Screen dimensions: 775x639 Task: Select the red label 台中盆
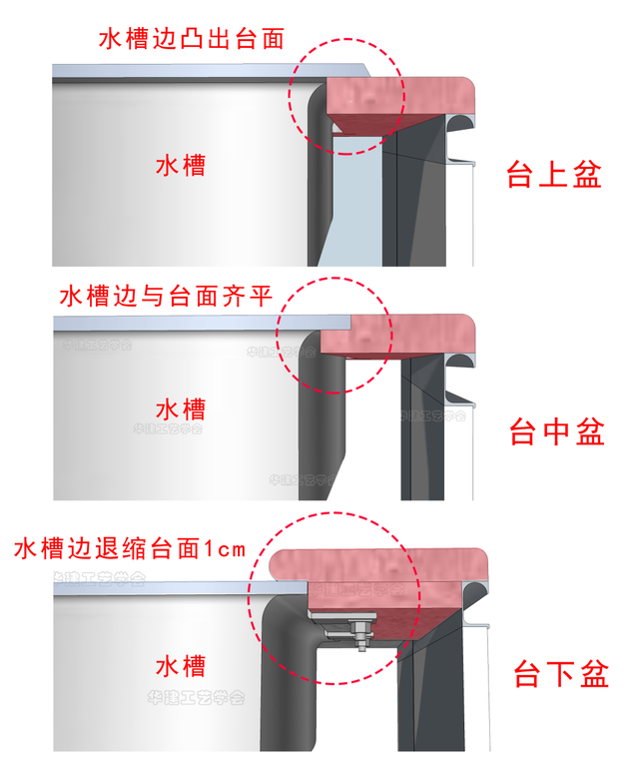(x=556, y=432)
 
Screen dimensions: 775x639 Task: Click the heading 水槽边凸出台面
(x=192, y=39)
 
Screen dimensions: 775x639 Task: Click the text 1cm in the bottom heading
(x=225, y=548)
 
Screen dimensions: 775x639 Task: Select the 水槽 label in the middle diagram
(x=181, y=408)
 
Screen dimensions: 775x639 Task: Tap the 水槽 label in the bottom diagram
(x=181, y=665)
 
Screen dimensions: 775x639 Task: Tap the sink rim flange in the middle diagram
(x=200, y=322)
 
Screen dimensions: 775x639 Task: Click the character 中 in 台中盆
(x=556, y=432)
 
